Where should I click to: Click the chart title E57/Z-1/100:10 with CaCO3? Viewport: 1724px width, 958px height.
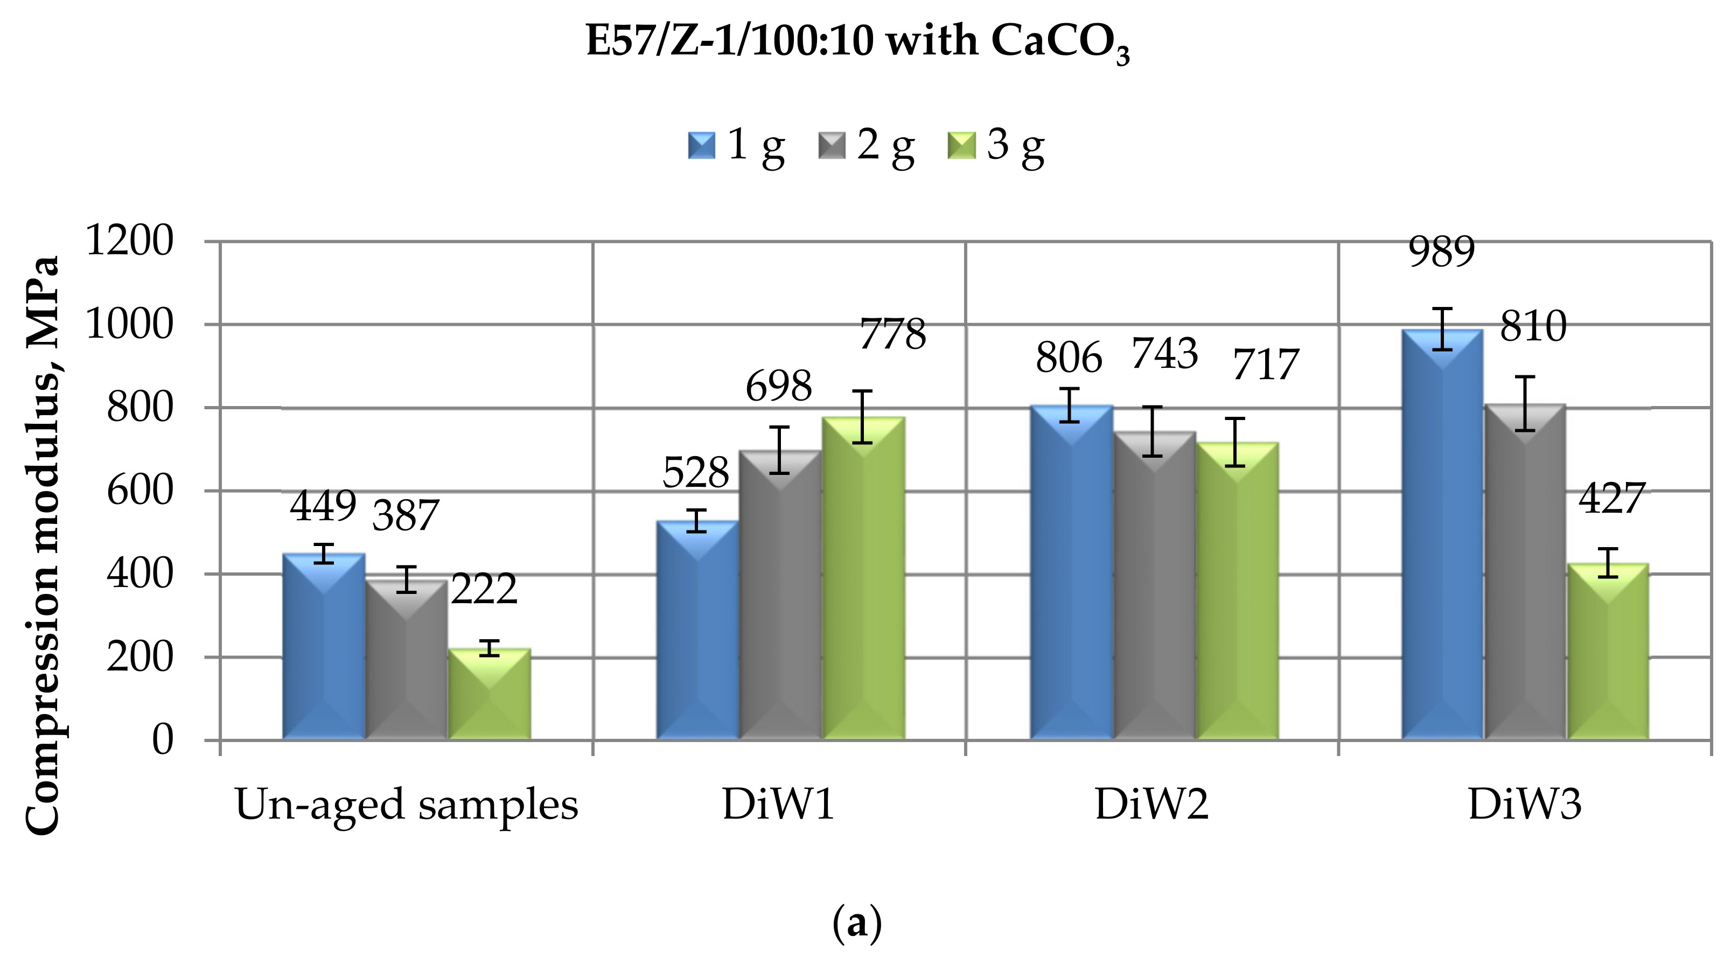(857, 41)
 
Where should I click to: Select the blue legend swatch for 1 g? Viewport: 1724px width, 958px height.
(701, 145)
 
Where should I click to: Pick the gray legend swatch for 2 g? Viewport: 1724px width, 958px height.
(832, 145)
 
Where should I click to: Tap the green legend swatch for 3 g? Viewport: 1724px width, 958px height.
(962, 145)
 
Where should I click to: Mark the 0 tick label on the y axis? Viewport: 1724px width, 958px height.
(163, 740)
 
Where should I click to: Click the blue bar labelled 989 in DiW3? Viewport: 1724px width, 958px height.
(1442, 535)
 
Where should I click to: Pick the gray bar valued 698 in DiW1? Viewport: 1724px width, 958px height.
(780, 596)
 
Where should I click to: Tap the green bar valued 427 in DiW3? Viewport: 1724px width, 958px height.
(1608, 652)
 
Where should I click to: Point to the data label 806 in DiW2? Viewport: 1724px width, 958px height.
(1069, 358)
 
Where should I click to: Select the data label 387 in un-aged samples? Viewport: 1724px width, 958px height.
(405, 516)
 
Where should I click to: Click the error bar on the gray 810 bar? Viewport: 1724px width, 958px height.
(1525, 403)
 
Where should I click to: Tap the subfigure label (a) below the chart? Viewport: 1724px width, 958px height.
(857, 923)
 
